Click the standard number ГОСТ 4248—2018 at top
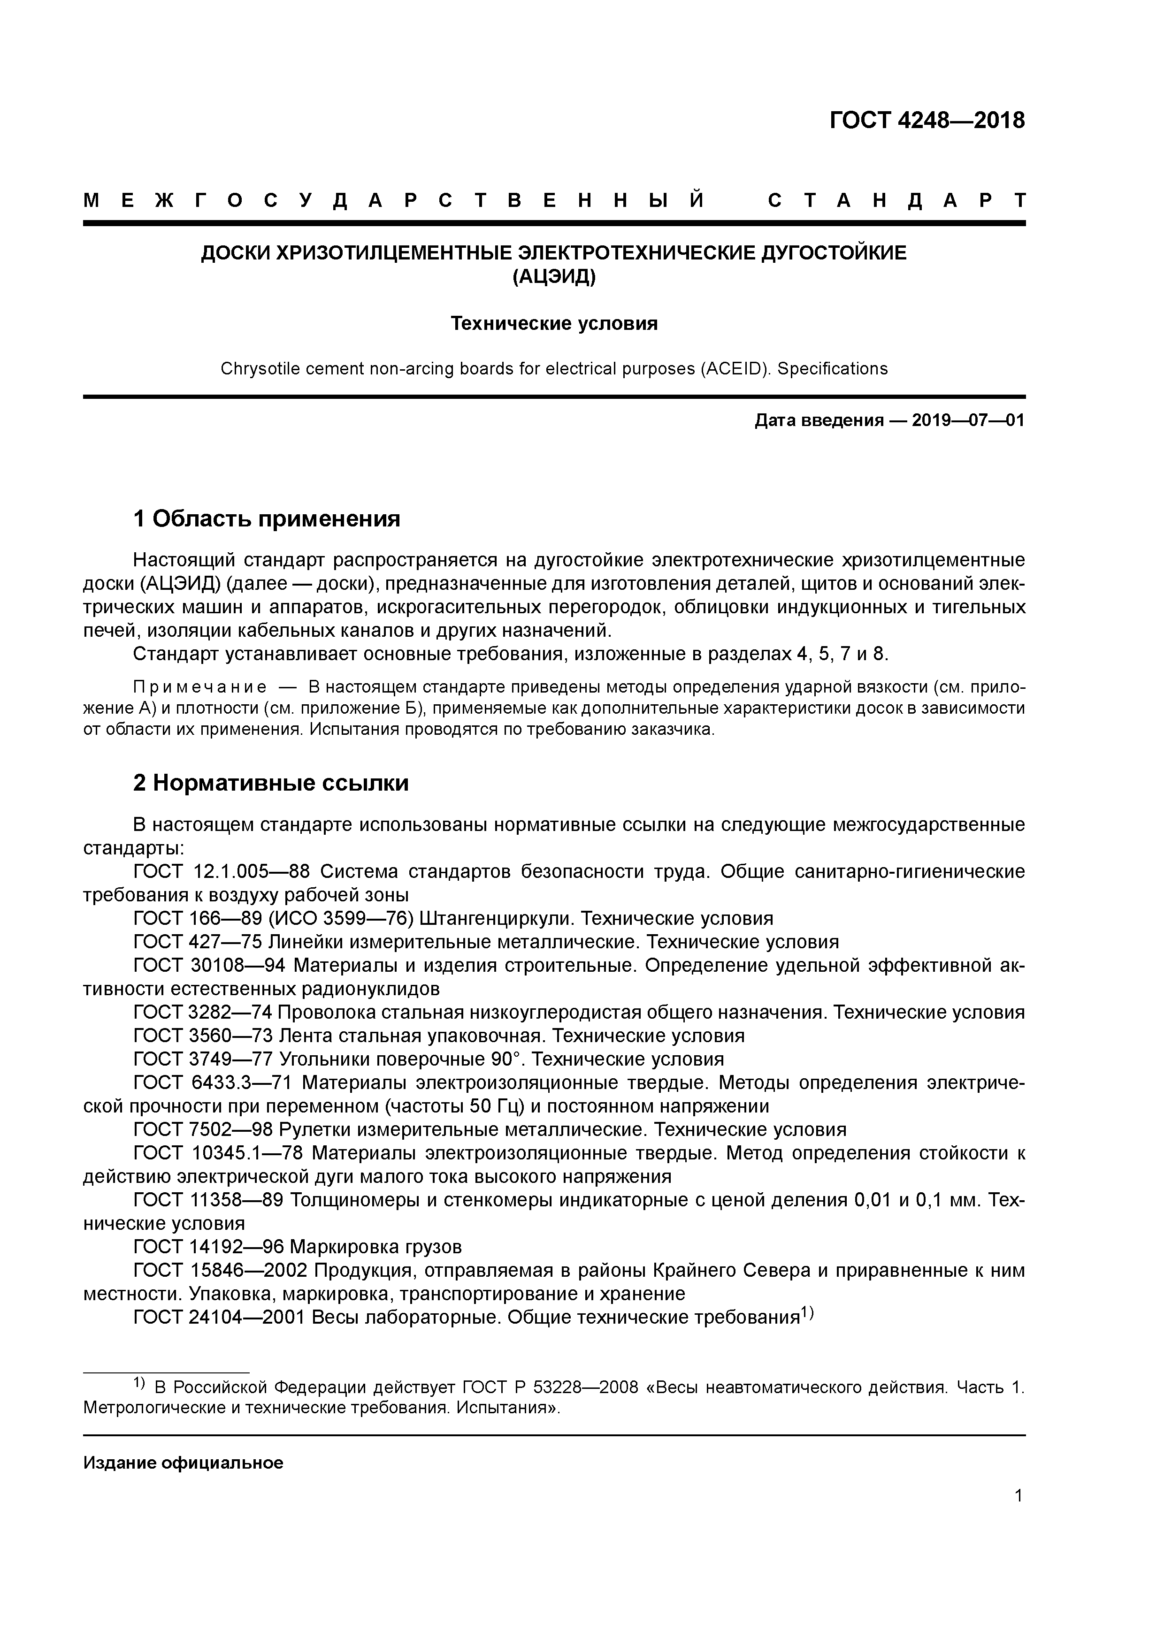tap(927, 121)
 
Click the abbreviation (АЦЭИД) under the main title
tap(553, 276)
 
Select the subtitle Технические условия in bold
tap(554, 324)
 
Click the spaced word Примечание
tap(200, 687)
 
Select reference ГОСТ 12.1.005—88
tap(222, 872)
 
